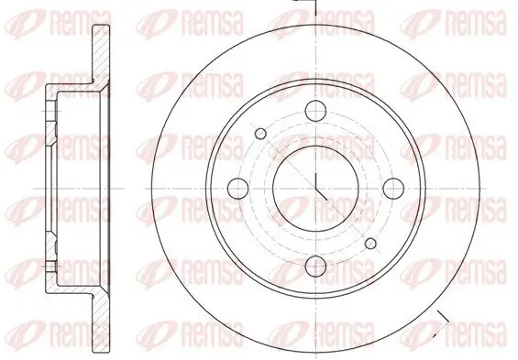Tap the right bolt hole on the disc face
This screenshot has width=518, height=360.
[x=394, y=188]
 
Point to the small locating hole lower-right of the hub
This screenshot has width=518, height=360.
[x=370, y=244]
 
